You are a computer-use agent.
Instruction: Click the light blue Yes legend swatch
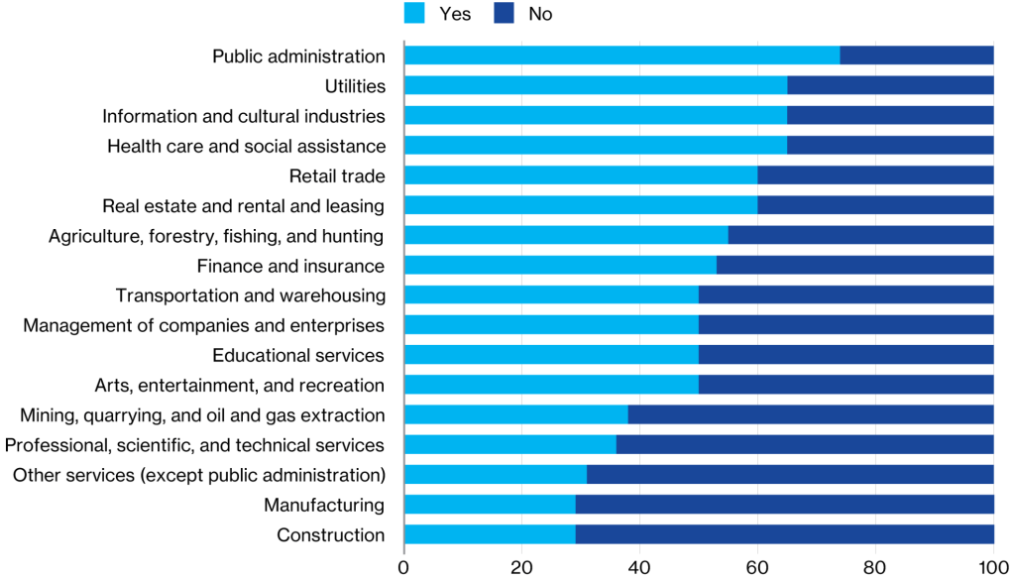click(415, 13)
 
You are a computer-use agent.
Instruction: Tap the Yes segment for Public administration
click(621, 56)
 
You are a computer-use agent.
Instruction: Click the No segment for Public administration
click(917, 56)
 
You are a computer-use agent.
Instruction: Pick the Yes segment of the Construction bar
click(490, 535)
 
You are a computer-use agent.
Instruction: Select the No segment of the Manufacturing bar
click(784, 506)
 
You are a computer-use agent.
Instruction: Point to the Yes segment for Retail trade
click(581, 175)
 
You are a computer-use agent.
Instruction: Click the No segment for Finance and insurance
click(854, 266)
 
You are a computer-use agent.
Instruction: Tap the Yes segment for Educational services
click(551, 355)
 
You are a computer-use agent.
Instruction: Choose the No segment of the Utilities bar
click(890, 86)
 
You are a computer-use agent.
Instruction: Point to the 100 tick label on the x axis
click(992, 567)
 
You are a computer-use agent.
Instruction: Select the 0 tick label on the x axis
click(404, 567)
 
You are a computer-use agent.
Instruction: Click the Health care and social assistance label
click(246, 146)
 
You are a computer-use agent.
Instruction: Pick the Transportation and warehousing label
click(250, 295)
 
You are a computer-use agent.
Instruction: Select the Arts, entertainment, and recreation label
click(239, 385)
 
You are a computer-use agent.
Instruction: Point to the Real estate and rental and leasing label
click(243, 206)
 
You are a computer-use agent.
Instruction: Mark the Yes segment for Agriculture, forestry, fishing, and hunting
click(566, 236)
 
